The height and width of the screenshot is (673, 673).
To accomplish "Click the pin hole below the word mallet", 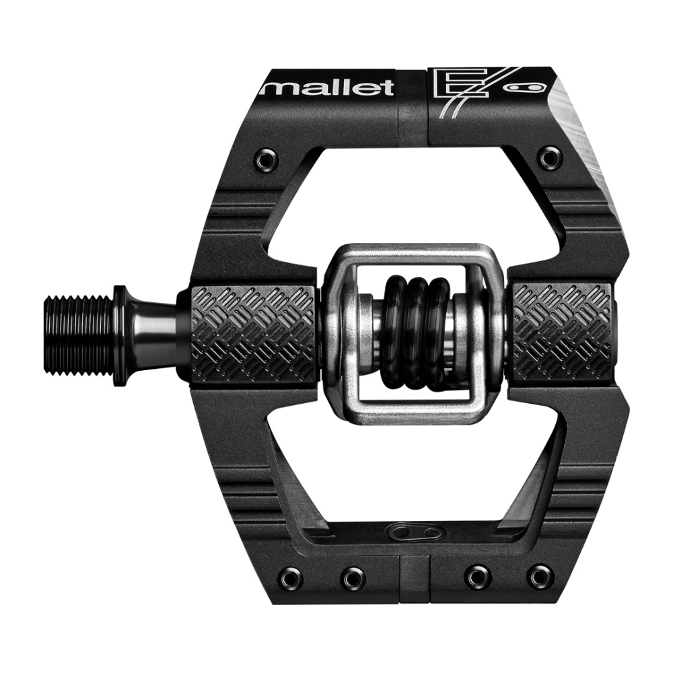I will pos(264,159).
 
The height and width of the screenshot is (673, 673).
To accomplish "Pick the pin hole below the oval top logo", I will pos(550,157).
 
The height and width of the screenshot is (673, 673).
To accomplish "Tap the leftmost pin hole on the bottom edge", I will pos(291,577).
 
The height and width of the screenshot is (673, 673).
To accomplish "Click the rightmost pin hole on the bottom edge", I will pos(540,577).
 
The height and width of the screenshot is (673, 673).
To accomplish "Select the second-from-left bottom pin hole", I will pos(353,577).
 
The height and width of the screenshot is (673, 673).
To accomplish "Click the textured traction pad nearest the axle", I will pos(253,332).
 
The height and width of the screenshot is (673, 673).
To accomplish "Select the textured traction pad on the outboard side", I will pos(563,330).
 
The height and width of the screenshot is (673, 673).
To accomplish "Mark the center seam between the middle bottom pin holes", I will pos(415,577).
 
